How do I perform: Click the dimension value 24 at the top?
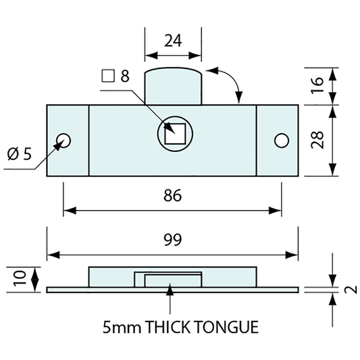(x=173, y=41)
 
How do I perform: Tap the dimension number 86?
(x=173, y=196)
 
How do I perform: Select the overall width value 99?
(x=173, y=239)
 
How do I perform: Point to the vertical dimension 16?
(x=317, y=85)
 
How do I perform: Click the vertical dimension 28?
(x=317, y=140)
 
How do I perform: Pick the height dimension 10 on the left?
(x=20, y=278)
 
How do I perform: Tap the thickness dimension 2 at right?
(x=351, y=290)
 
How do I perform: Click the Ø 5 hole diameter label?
(x=20, y=153)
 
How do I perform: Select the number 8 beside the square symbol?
(x=125, y=76)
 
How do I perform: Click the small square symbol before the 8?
(x=108, y=76)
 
